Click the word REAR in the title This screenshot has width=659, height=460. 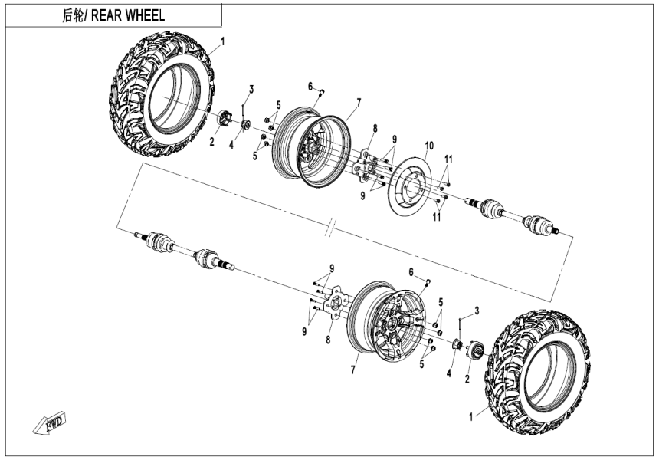pyautogui.click(x=110, y=15)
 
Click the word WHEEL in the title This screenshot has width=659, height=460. pyautogui.click(x=146, y=15)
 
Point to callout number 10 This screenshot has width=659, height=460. pyautogui.click(x=429, y=144)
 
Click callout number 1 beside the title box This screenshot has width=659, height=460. pyautogui.click(x=222, y=40)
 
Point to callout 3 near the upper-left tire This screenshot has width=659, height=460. pyautogui.click(x=250, y=89)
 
